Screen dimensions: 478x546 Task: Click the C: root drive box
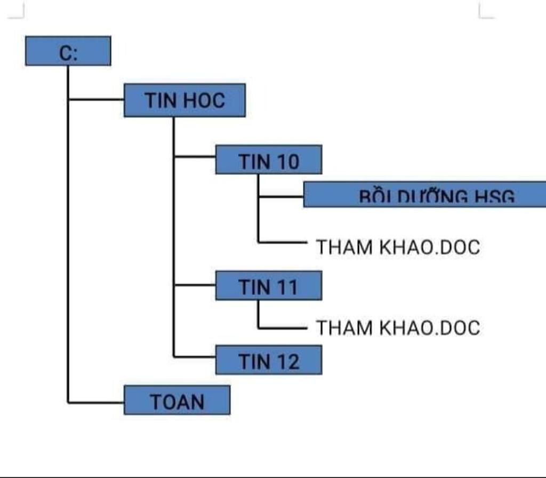(68, 51)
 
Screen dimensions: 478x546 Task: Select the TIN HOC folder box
(184, 100)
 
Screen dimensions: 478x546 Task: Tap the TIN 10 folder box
(269, 160)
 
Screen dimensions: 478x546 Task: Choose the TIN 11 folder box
(269, 285)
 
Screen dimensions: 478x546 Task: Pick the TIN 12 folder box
(269, 360)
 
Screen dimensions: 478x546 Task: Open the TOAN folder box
(177, 400)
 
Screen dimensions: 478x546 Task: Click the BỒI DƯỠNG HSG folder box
(424, 195)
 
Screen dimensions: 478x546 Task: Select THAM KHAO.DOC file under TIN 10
(398, 247)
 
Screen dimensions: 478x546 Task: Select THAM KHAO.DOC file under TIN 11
(398, 327)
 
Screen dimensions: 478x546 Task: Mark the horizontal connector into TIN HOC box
(97, 99)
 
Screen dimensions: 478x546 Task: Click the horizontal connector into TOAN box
(97, 402)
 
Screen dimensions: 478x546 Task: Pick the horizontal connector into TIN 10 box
(195, 156)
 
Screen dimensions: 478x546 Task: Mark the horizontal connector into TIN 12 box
(195, 356)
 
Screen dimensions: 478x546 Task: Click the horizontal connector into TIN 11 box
(195, 285)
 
